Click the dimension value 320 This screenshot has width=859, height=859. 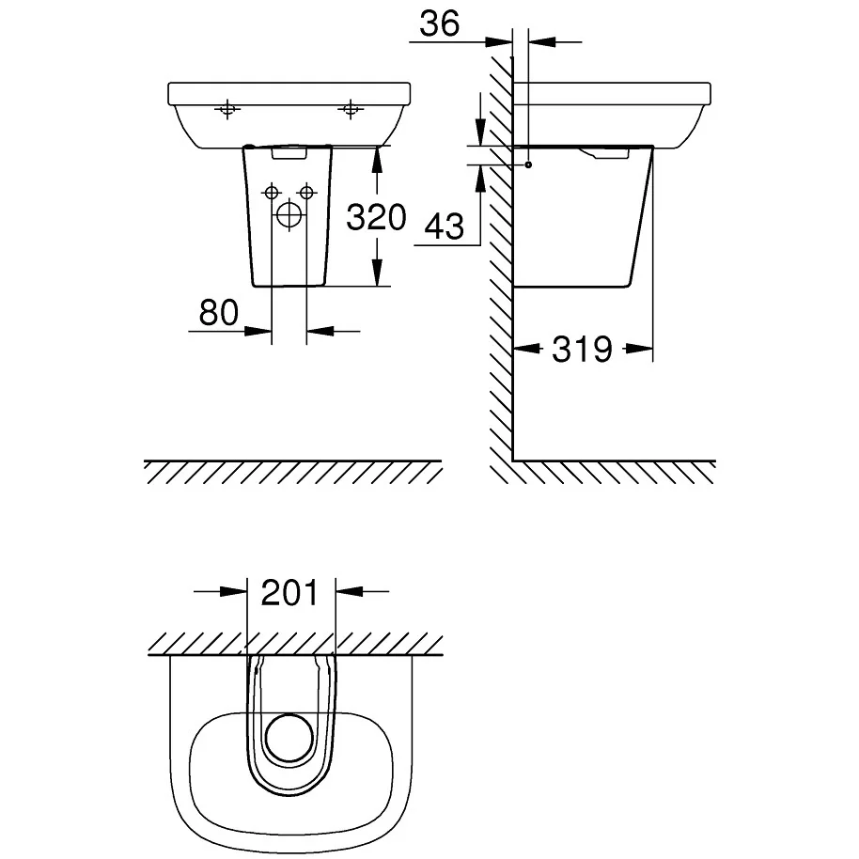click(x=376, y=217)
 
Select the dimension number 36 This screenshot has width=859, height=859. click(x=439, y=24)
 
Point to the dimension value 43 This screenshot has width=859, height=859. click(x=445, y=226)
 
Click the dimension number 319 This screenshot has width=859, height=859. click(x=582, y=350)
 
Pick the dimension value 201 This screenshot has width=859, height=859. click(x=290, y=592)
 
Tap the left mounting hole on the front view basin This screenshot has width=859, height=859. click(x=226, y=111)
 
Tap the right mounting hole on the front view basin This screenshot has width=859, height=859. click(x=351, y=111)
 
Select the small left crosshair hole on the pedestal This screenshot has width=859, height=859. click(x=272, y=193)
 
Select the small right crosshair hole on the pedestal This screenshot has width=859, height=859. click(x=305, y=193)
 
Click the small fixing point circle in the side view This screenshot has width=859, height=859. click(x=529, y=165)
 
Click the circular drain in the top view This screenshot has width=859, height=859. click(x=289, y=737)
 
